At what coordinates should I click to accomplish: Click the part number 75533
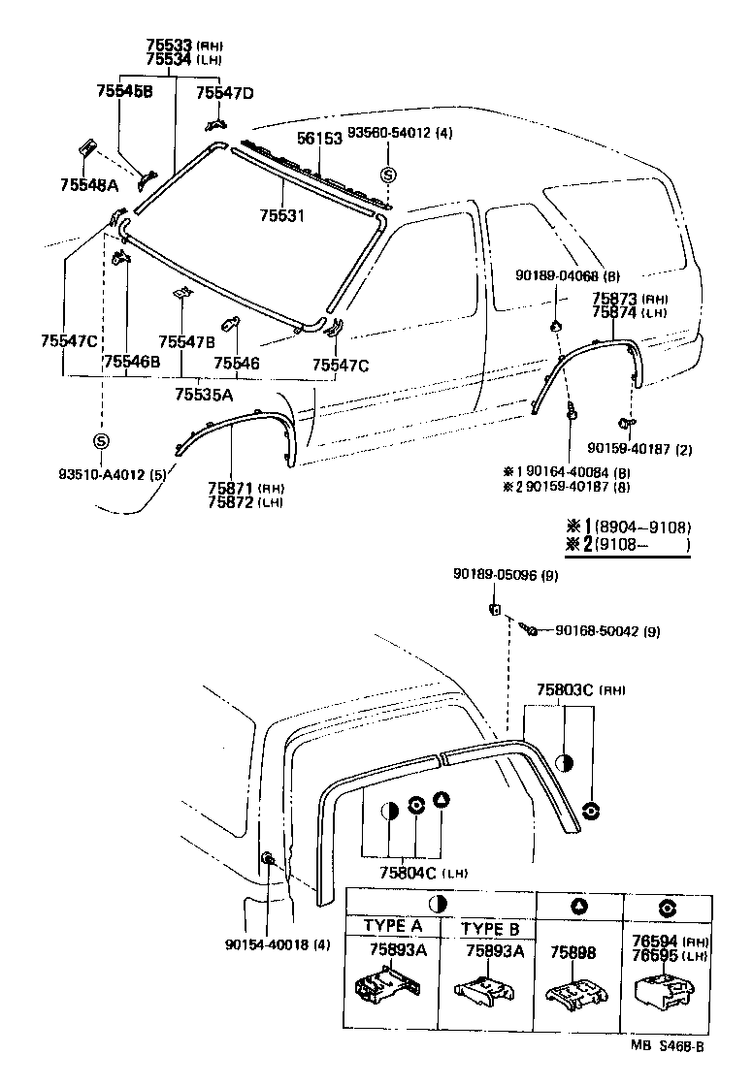click(170, 46)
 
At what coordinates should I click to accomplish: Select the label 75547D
click(224, 93)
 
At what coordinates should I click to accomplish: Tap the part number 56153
click(319, 139)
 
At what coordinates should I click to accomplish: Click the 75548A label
click(88, 184)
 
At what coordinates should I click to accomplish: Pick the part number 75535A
click(204, 394)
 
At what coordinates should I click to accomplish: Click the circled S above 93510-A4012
click(101, 441)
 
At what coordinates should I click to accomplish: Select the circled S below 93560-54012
click(387, 175)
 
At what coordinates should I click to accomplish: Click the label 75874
click(614, 313)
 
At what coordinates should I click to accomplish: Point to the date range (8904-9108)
click(643, 527)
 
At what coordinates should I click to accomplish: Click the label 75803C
click(567, 690)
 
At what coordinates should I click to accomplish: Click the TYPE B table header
click(490, 928)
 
